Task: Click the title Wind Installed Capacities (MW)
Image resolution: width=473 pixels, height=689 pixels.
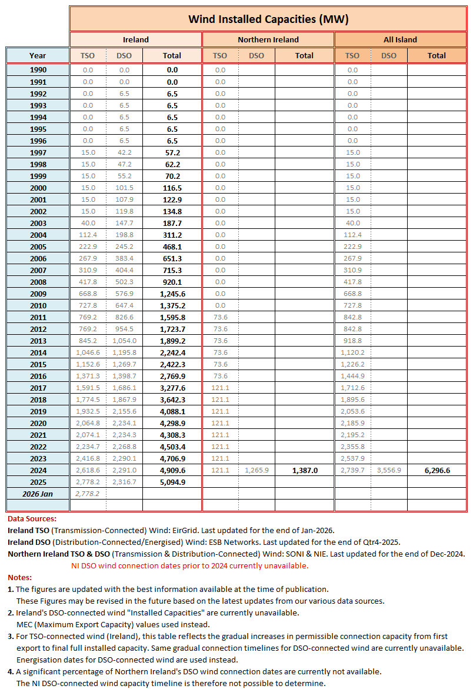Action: pos(268,19)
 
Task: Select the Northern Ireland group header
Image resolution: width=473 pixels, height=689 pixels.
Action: pos(268,40)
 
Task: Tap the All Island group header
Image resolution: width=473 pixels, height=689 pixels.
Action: pos(400,40)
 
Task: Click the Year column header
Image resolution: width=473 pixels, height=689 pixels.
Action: pos(38,56)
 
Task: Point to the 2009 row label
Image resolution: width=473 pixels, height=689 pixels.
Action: pos(38,294)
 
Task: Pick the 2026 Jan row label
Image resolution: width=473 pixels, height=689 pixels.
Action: pos(38,494)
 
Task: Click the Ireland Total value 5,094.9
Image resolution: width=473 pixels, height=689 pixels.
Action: pos(172,482)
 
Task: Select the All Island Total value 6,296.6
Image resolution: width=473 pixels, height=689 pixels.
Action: pos(437,470)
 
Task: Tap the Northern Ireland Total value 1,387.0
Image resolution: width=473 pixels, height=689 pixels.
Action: pos(304,470)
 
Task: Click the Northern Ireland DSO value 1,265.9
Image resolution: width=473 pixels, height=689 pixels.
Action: pos(257,470)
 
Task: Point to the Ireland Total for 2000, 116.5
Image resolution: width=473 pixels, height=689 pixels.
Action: pos(172,188)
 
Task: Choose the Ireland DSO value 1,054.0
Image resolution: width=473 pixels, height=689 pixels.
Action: pos(124,341)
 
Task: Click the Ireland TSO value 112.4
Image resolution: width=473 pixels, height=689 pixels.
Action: pos(88,235)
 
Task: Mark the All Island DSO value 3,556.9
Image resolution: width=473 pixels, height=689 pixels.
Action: pos(389,470)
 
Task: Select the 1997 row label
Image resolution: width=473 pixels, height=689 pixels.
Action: pos(38,152)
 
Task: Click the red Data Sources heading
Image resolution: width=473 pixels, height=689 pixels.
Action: pos(32,519)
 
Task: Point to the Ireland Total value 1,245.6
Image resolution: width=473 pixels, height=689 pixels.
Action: pos(172,294)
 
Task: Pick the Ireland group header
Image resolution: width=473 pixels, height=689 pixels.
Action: pos(135,40)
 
